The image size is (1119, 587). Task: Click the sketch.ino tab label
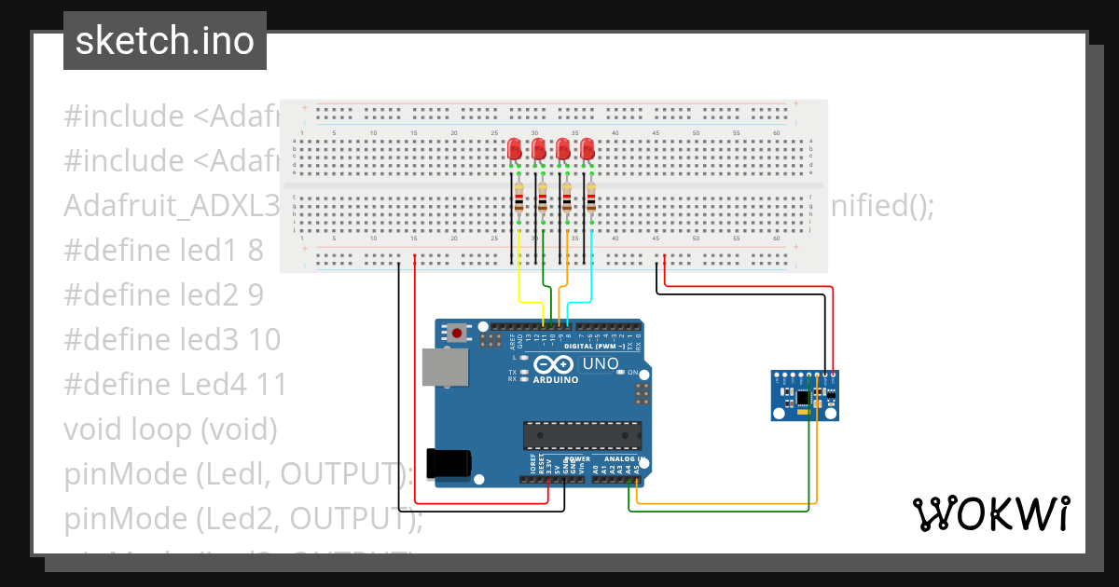164,41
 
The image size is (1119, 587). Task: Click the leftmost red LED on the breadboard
514,149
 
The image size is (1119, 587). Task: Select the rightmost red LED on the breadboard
587,149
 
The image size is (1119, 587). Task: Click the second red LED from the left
538,149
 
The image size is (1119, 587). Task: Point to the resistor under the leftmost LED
518,198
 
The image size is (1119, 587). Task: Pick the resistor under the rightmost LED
591,198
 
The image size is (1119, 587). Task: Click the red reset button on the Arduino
457,333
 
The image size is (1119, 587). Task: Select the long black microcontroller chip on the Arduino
582,435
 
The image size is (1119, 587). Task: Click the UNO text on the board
601,363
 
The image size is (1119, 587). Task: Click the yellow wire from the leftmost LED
520,284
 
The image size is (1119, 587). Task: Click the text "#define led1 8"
163,251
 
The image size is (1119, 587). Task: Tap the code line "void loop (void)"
171,430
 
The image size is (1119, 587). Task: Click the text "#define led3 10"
172,340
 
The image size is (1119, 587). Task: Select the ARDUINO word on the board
557,379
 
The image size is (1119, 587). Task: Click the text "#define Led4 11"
174,385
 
